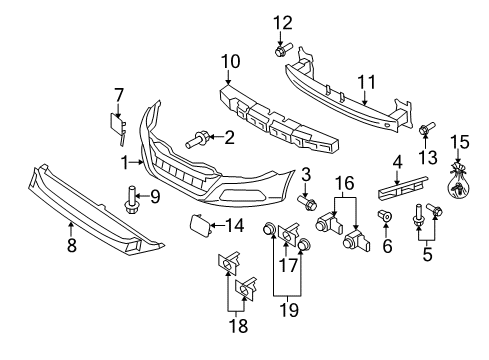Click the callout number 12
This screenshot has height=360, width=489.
click(283, 23)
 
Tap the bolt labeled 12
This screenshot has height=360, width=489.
click(283, 49)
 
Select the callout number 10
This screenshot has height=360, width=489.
click(230, 62)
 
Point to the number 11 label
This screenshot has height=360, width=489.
click(366, 82)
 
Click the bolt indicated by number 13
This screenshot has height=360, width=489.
click(427, 128)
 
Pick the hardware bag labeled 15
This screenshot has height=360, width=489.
click(458, 182)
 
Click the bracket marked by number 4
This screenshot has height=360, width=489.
click(403, 189)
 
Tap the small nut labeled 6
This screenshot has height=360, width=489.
click(385, 216)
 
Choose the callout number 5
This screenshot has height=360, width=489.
click(427, 255)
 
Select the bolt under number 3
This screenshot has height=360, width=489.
click(307, 203)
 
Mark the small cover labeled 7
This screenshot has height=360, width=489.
click(118, 128)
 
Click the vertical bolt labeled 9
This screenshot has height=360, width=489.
click(131, 200)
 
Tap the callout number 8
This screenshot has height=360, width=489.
click(72, 245)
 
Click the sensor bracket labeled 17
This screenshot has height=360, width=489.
click(288, 235)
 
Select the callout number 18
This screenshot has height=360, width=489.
click(238, 326)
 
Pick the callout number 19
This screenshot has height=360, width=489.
click(289, 310)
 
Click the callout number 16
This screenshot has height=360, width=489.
click(345, 183)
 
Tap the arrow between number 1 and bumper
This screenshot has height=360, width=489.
click(137, 163)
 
